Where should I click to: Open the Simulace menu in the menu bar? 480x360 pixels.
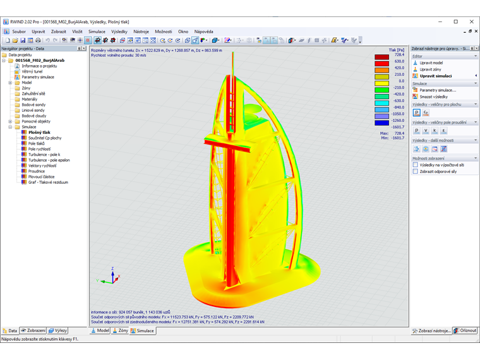click(97, 31)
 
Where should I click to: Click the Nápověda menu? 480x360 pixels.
click(203, 31)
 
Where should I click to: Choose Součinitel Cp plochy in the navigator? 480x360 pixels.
click(45, 138)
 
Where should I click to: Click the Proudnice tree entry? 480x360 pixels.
click(37, 171)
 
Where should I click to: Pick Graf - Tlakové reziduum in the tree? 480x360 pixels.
click(48, 182)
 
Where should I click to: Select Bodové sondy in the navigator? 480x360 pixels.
click(33, 105)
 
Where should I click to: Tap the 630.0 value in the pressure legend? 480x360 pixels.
click(399, 61)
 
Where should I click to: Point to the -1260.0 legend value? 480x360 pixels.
click(398, 120)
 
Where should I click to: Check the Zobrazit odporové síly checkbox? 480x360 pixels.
click(416, 171)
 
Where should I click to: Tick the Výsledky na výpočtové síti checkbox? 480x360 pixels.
click(416, 165)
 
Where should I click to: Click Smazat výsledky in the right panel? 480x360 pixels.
click(433, 97)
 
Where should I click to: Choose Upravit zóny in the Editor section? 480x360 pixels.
click(431, 69)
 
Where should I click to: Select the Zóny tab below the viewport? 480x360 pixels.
click(119, 330)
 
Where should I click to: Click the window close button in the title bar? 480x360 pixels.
click(471, 21)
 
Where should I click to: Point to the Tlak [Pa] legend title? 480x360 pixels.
click(397, 49)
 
